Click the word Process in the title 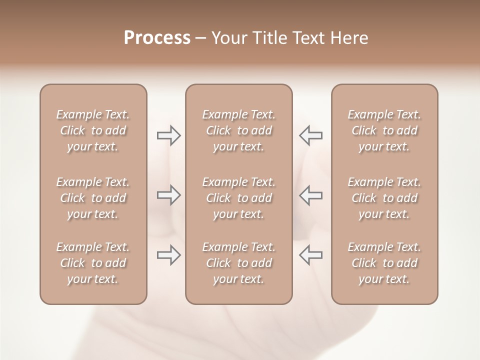pos(157,38)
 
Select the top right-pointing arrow pos(168,135)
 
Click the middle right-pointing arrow pos(168,195)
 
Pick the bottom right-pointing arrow pos(168,255)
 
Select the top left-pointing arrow pos(310,135)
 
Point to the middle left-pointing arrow pos(310,195)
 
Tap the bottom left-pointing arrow pos(310,255)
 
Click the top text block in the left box pos(93,130)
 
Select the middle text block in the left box pos(93,198)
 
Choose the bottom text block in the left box pos(93,263)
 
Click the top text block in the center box pos(239,130)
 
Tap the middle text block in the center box pos(239,198)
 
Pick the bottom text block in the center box pos(239,263)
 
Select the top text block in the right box pos(384,130)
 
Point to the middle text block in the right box pos(384,198)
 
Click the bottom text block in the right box pos(384,263)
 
